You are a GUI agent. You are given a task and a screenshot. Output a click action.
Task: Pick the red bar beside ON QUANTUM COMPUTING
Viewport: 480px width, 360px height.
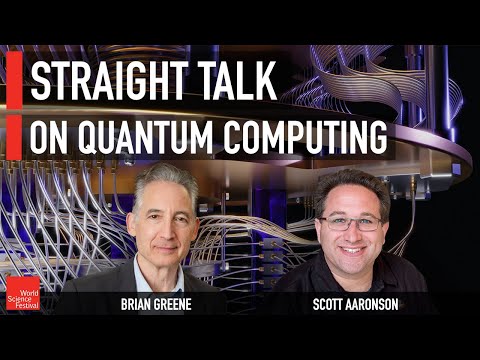pyautogui.click(x=14, y=136)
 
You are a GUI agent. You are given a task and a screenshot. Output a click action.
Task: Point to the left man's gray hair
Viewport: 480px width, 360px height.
pyautogui.click(x=166, y=178)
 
